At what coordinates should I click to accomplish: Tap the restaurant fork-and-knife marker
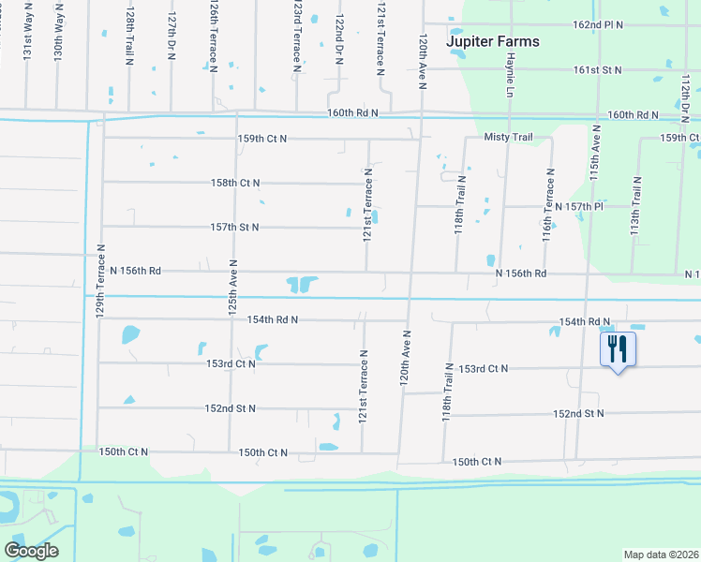pos(618,350)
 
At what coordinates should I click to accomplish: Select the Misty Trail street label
pos(508,138)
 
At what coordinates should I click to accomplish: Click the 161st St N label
pos(598,70)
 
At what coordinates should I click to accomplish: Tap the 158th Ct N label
pos(235,183)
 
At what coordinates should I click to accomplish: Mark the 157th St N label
pos(234,228)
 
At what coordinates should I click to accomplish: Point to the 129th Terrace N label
pos(99,280)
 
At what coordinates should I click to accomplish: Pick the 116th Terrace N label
pos(547,205)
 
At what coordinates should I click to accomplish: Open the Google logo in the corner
pos(31,551)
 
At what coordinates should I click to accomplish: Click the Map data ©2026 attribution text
pos(661,555)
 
